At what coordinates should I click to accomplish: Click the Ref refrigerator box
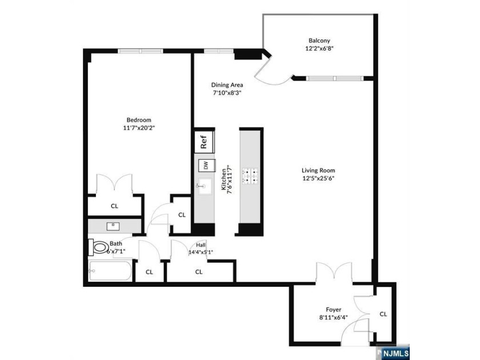point(203,141)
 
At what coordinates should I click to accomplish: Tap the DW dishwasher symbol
point(204,166)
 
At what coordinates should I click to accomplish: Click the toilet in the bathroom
point(99,247)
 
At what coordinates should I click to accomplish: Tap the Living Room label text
point(318,170)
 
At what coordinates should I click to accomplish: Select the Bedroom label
point(139,119)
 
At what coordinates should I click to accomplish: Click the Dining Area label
point(227,85)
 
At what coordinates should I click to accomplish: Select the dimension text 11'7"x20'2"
point(139,128)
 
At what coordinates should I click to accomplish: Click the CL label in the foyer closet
point(383,314)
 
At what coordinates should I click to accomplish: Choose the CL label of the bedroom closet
point(114,206)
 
